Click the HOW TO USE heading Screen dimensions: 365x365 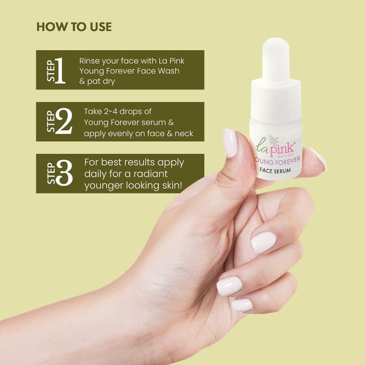click(x=74, y=27)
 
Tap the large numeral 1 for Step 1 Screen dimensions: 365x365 click(x=60, y=71)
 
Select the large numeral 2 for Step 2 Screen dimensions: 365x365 click(x=63, y=122)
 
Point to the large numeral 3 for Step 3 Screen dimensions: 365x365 click(x=64, y=173)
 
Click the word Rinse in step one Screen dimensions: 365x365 click(x=89, y=61)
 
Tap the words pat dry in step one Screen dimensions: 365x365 click(x=101, y=82)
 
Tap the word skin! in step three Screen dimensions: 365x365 click(x=171, y=186)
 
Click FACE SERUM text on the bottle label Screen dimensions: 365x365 click(x=275, y=170)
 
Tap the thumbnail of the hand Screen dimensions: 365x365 click(x=230, y=143)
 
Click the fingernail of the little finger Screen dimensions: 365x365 click(x=242, y=305)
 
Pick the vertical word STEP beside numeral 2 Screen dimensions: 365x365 click(x=51, y=122)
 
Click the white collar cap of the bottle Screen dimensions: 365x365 click(x=276, y=99)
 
